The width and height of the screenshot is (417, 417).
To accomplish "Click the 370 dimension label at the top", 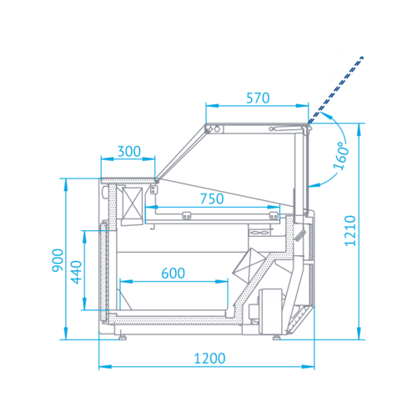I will coord(258,98).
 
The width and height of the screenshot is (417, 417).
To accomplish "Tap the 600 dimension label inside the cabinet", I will coord(173,273).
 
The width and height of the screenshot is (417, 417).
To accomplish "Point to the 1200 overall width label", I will coord(208,359).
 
